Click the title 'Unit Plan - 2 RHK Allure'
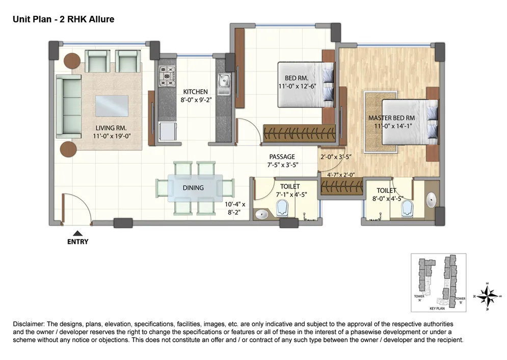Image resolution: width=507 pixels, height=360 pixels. pyautogui.click(x=63, y=19)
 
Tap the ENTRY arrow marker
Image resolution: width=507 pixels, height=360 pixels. pyautogui.click(x=77, y=233)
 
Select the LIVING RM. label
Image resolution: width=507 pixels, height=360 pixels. pyautogui.click(x=111, y=128)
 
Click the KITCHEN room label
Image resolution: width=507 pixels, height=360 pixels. pyautogui.click(x=195, y=92)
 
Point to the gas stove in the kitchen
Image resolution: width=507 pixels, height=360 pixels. pyautogui.click(x=167, y=76)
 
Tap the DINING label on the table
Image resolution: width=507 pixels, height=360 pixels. pyautogui.click(x=193, y=187)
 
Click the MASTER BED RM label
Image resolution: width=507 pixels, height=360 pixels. pyautogui.click(x=391, y=118)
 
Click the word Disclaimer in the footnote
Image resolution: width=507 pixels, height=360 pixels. pyautogui.click(x=28, y=324)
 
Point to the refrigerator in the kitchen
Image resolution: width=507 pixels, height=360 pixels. pyautogui.click(x=168, y=131)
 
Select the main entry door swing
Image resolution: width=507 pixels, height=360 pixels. pyautogui.click(x=76, y=209)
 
